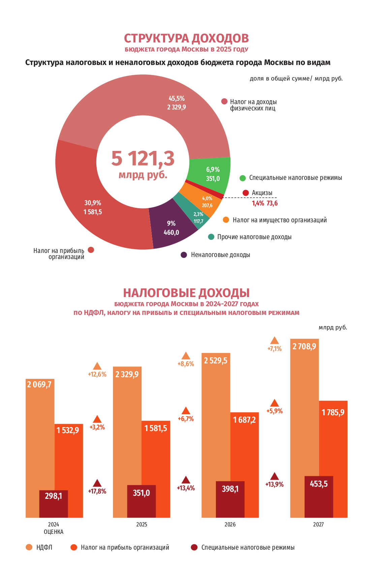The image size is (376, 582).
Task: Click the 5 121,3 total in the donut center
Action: (x=143, y=158)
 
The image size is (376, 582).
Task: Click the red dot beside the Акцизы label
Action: (x=246, y=193)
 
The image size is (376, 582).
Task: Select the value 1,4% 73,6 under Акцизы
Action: (x=265, y=203)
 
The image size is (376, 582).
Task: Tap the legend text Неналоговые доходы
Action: (x=220, y=255)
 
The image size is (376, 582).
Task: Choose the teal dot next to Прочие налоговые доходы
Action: (x=211, y=237)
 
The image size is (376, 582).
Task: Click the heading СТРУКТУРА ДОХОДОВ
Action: (x=186, y=38)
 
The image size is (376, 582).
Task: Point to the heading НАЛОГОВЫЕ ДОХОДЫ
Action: (x=186, y=293)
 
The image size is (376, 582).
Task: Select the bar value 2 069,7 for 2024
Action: (x=39, y=384)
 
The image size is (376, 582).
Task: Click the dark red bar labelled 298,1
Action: (x=54, y=503)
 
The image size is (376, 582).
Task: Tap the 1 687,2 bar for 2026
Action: (x=245, y=420)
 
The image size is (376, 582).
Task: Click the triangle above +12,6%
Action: (x=97, y=366)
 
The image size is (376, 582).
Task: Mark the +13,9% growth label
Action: (x=275, y=484)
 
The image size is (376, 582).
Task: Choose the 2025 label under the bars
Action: (x=142, y=524)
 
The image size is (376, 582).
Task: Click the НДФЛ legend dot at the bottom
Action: (x=29, y=547)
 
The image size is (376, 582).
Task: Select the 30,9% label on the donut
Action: (x=93, y=203)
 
